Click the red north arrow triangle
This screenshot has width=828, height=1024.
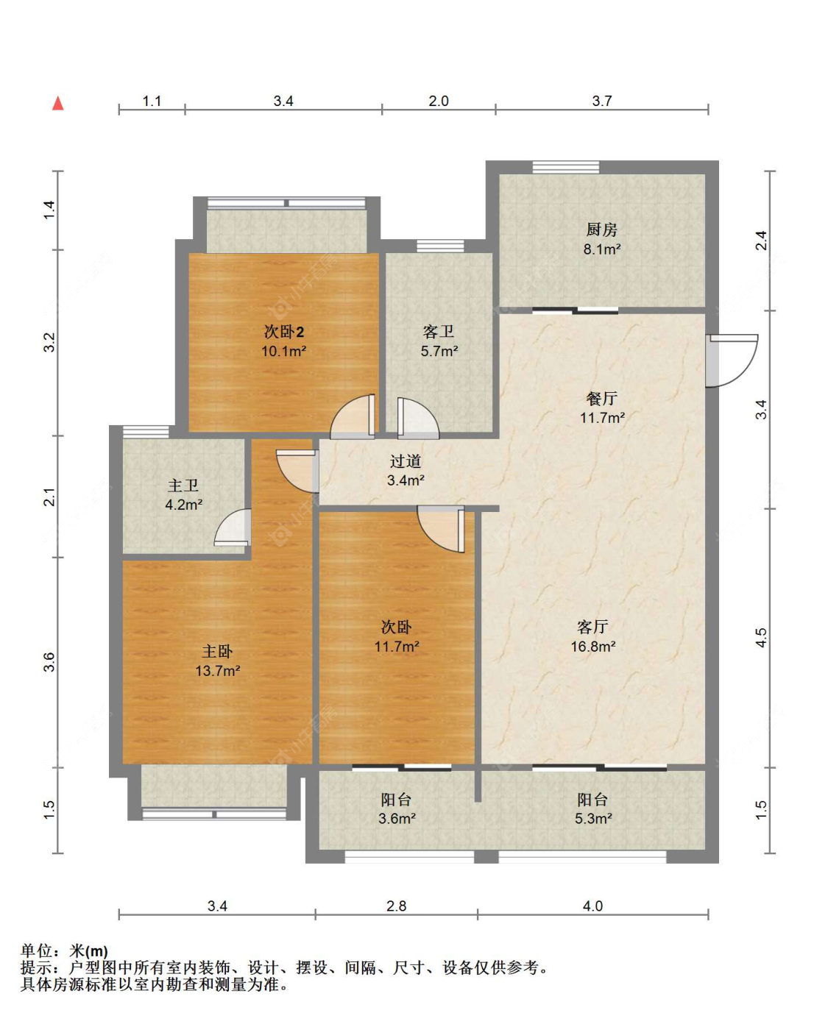(x=58, y=104)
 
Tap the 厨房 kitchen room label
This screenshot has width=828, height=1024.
(x=601, y=230)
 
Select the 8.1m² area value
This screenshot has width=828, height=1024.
(x=601, y=249)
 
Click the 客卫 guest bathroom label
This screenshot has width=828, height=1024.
(x=439, y=332)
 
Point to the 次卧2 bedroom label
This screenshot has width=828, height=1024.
(x=283, y=332)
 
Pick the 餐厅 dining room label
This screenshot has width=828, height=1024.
(x=601, y=398)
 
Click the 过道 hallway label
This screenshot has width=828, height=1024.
(x=406, y=461)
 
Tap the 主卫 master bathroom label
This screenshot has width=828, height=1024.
(x=183, y=485)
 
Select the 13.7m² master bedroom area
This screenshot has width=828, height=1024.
(x=217, y=671)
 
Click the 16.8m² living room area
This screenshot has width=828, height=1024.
(x=593, y=647)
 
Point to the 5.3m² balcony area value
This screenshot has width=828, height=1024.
(x=593, y=818)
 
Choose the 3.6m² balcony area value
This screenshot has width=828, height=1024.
(x=397, y=818)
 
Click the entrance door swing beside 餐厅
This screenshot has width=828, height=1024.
(x=731, y=360)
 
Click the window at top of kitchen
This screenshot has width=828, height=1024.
(x=565, y=167)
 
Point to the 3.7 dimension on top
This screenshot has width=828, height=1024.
(x=601, y=101)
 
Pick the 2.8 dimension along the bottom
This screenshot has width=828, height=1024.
(x=396, y=906)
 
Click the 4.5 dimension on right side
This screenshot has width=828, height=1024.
(x=761, y=638)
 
